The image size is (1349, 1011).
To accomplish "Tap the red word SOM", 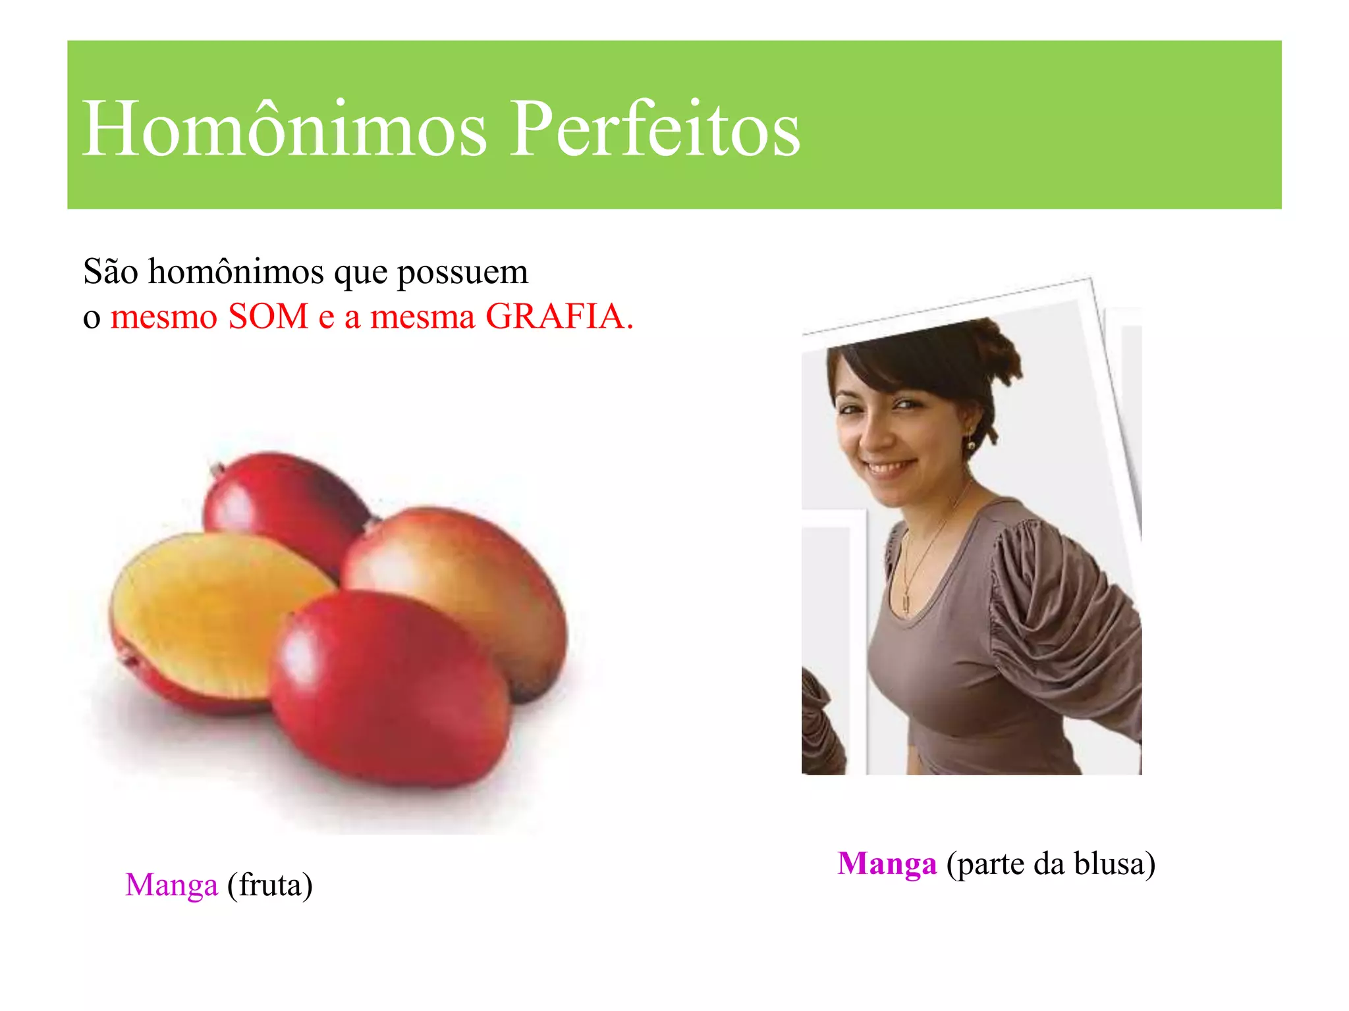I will click(x=268, y=317).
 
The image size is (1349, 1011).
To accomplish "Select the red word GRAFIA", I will click(x=559, y=317).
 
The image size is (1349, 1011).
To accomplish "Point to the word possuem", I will click(x=462, y=272).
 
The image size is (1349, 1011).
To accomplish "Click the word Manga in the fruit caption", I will click(x=171, y=885).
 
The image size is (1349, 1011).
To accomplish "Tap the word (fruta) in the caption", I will click(x=269, y=885).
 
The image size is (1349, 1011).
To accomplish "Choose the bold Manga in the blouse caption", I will click(x=887, y=864).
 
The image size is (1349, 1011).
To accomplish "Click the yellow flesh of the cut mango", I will click(x=211, y=606).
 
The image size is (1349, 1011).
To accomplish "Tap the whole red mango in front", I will click(x=389, y=685).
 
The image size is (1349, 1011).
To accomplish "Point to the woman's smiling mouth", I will click(x=889, y=468).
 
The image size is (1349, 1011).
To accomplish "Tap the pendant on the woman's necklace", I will click(x=906, y=602).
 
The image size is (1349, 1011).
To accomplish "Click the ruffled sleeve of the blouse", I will click(x=1054, y=606).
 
